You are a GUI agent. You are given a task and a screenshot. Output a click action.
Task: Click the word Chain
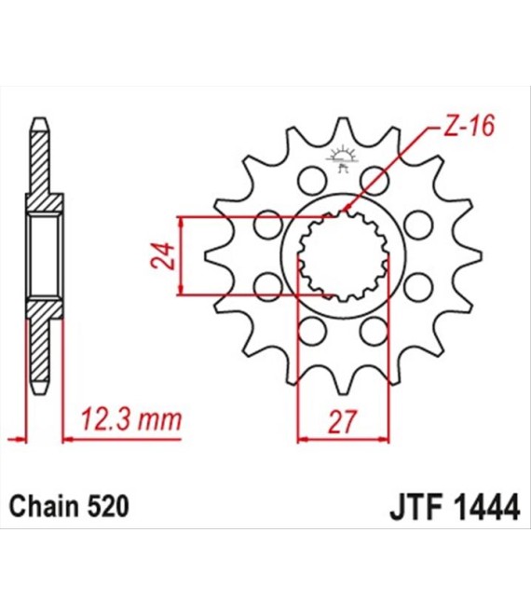coord(40,507)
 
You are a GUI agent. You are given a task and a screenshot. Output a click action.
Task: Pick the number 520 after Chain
coord(103,507)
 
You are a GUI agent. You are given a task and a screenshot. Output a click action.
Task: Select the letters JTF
coord(411,508)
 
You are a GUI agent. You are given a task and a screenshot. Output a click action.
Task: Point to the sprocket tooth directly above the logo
coord(343,130)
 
